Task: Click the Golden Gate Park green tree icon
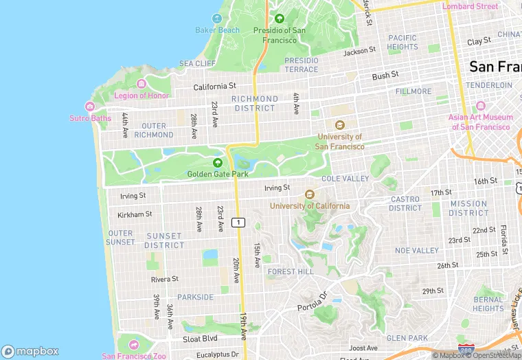(218, 163)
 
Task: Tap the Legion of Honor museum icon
(141, 85)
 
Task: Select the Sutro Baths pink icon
(90, 106)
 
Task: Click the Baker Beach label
(217, 30)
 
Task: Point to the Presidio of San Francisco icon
(279, 19)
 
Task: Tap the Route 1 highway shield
(238, 222)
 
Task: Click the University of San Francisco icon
(339, 125)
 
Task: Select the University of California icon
(309, 194)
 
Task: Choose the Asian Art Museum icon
(480, 106)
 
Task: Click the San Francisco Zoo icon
(133, 344)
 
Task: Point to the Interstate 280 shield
(465, 350)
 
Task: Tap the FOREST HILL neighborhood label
(291, 272)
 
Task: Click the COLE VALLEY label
(345, 179)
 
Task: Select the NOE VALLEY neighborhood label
(416, 251)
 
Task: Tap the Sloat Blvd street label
(200, 339)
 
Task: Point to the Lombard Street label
(470, 6)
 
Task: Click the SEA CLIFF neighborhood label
(197, 64)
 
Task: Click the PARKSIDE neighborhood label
(195, 297)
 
